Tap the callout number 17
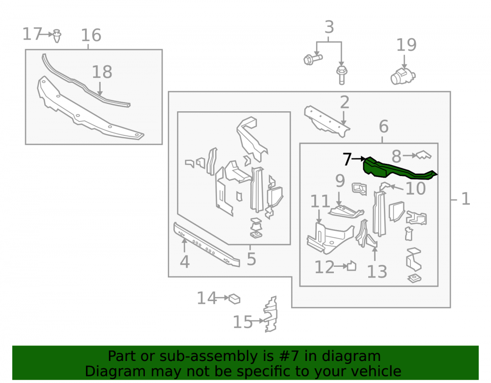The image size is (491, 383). (32, 34)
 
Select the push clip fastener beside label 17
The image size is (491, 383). (56, 36)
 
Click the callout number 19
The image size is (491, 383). (406, 45)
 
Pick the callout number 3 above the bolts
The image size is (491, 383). (329, 27)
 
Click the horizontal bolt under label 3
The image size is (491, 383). (313, 59)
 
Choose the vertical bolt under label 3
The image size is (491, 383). (342, 75)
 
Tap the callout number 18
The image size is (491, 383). (102, 72)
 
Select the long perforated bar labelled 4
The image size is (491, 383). (207, 244)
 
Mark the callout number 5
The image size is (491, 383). (251, 259)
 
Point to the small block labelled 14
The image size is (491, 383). (234, 299)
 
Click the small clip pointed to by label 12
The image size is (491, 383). (352, 266)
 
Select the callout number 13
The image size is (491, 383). (377, 272)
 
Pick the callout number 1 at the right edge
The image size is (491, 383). (466, 199)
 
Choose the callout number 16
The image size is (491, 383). (91, 35)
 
